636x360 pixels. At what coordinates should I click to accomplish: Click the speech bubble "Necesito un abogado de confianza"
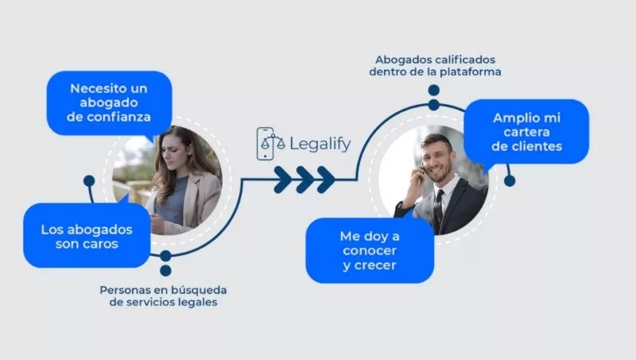109,103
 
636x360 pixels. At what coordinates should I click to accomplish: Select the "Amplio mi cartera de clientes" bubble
526,131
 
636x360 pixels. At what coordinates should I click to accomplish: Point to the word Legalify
319,145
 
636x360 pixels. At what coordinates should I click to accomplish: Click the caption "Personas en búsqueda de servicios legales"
159,296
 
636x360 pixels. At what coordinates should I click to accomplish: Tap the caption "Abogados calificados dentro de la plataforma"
435,66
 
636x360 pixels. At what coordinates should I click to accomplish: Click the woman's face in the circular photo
173,151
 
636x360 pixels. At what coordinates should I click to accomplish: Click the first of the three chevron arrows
284,179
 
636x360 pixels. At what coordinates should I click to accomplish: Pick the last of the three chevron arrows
325,179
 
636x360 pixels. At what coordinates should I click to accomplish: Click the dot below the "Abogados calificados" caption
433,103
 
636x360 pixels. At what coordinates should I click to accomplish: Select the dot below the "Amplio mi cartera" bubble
510,180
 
